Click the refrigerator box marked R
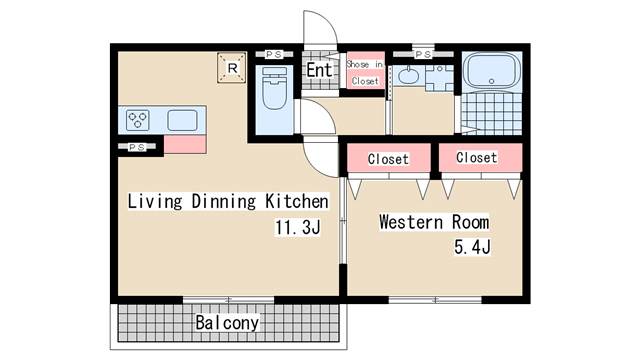232,67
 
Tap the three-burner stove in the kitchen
139,121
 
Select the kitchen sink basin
183,121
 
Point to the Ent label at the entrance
318,71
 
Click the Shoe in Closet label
365,72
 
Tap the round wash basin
408,75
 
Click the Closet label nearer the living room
387,159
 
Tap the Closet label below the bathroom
476,158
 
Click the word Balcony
227,323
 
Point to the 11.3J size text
297,228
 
